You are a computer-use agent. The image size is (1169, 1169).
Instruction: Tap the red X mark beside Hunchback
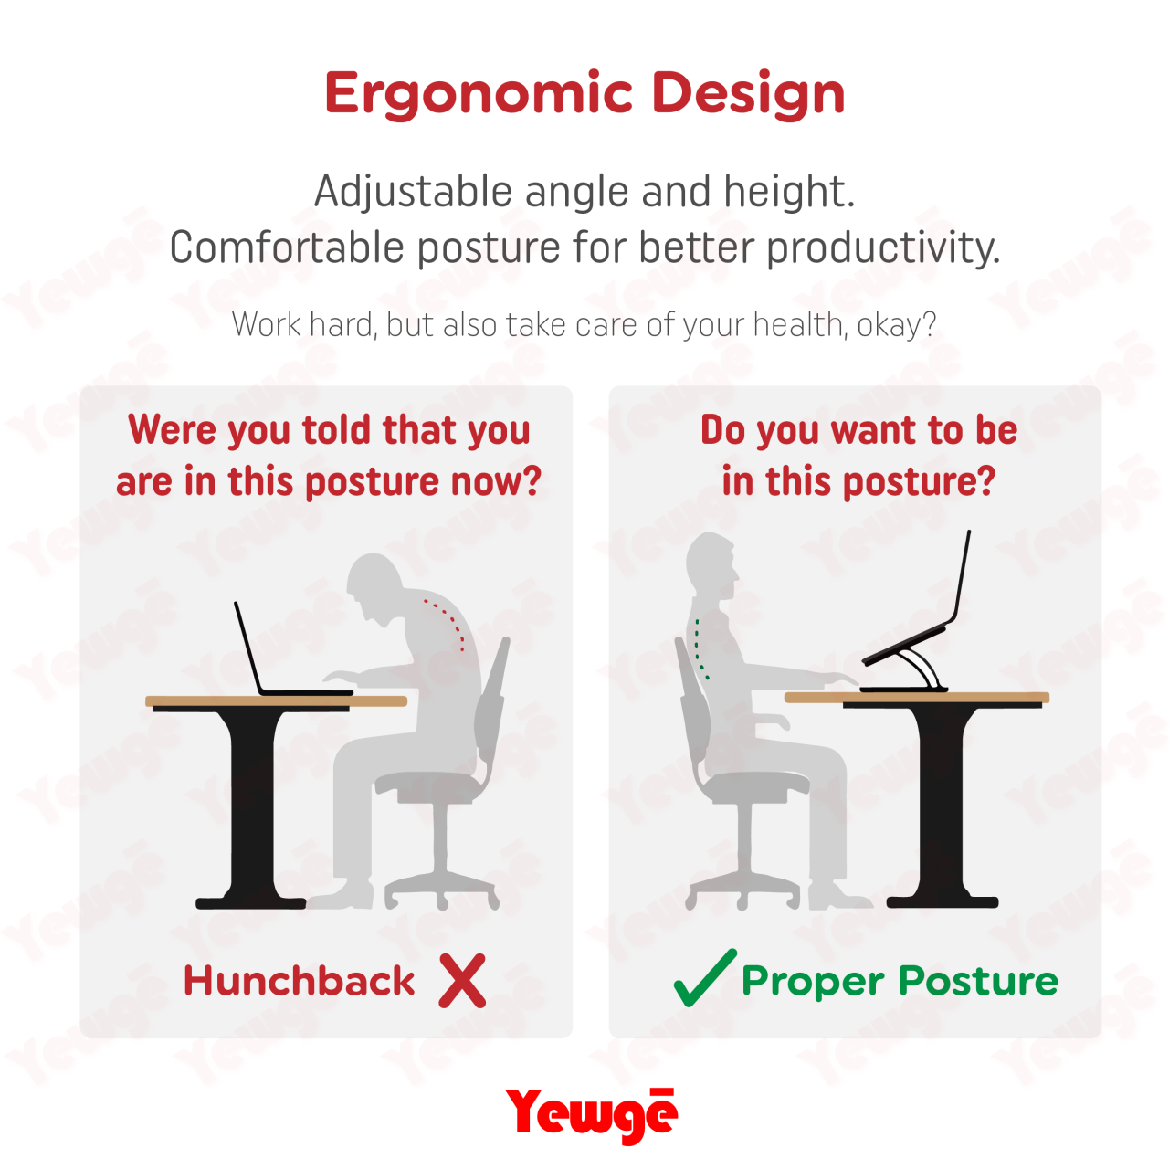click(462, 981)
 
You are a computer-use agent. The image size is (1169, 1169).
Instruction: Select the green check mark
click(703, 979)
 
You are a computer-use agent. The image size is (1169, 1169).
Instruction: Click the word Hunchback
click(300, 981)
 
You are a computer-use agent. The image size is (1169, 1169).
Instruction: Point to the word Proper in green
click(813, 982)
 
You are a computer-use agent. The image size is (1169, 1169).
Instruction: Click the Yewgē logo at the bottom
click(591, 1114)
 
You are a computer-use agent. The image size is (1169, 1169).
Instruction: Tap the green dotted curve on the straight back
click(700, 648)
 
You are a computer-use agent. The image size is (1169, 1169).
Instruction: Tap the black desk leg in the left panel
click(251, 804)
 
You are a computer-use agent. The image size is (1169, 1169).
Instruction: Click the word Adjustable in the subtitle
click(414, 193)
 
